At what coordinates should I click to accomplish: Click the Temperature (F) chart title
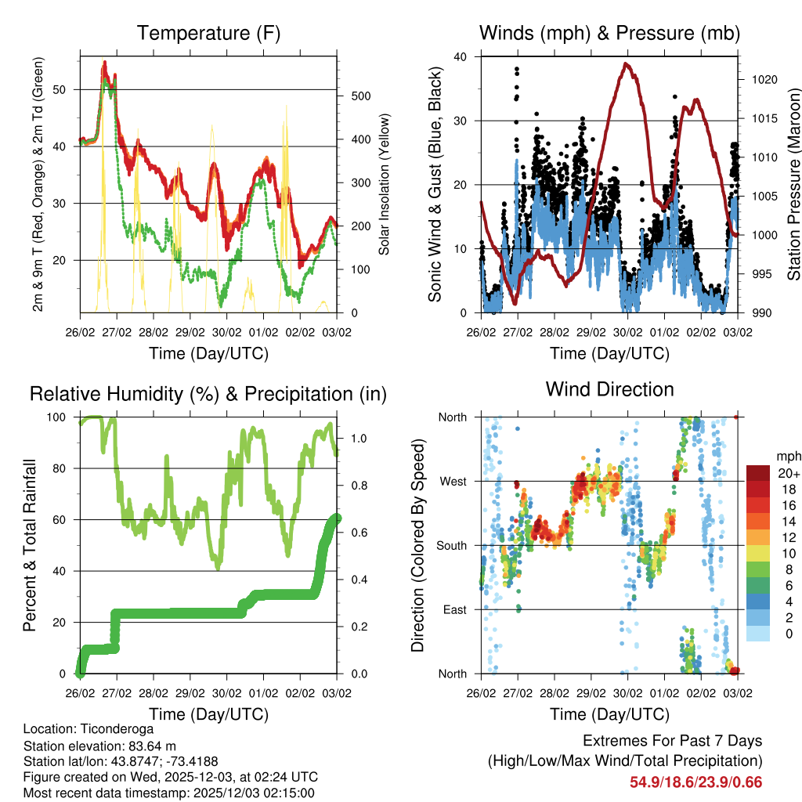208,33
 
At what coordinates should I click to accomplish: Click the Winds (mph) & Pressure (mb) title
609,33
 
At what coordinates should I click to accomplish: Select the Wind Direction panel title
609,388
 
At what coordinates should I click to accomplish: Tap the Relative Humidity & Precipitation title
208,393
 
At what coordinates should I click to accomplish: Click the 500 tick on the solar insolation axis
359,96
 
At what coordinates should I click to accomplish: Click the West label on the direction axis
453,481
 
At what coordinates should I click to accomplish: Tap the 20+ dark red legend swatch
758,473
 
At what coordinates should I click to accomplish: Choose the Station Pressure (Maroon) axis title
793,184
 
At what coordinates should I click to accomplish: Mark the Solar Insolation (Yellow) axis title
385,184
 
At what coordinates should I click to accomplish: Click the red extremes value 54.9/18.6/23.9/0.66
695,782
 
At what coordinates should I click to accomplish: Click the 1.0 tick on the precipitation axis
359,438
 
